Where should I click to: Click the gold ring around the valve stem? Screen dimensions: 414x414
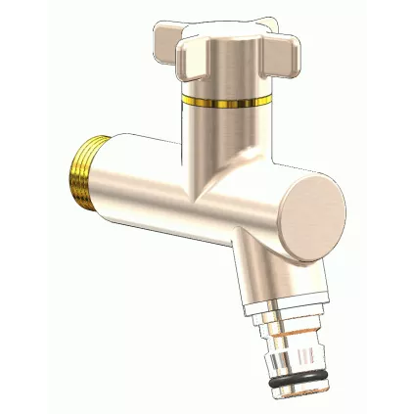tap(223, 99)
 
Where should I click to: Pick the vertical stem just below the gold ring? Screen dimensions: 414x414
tap(223, 132)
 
